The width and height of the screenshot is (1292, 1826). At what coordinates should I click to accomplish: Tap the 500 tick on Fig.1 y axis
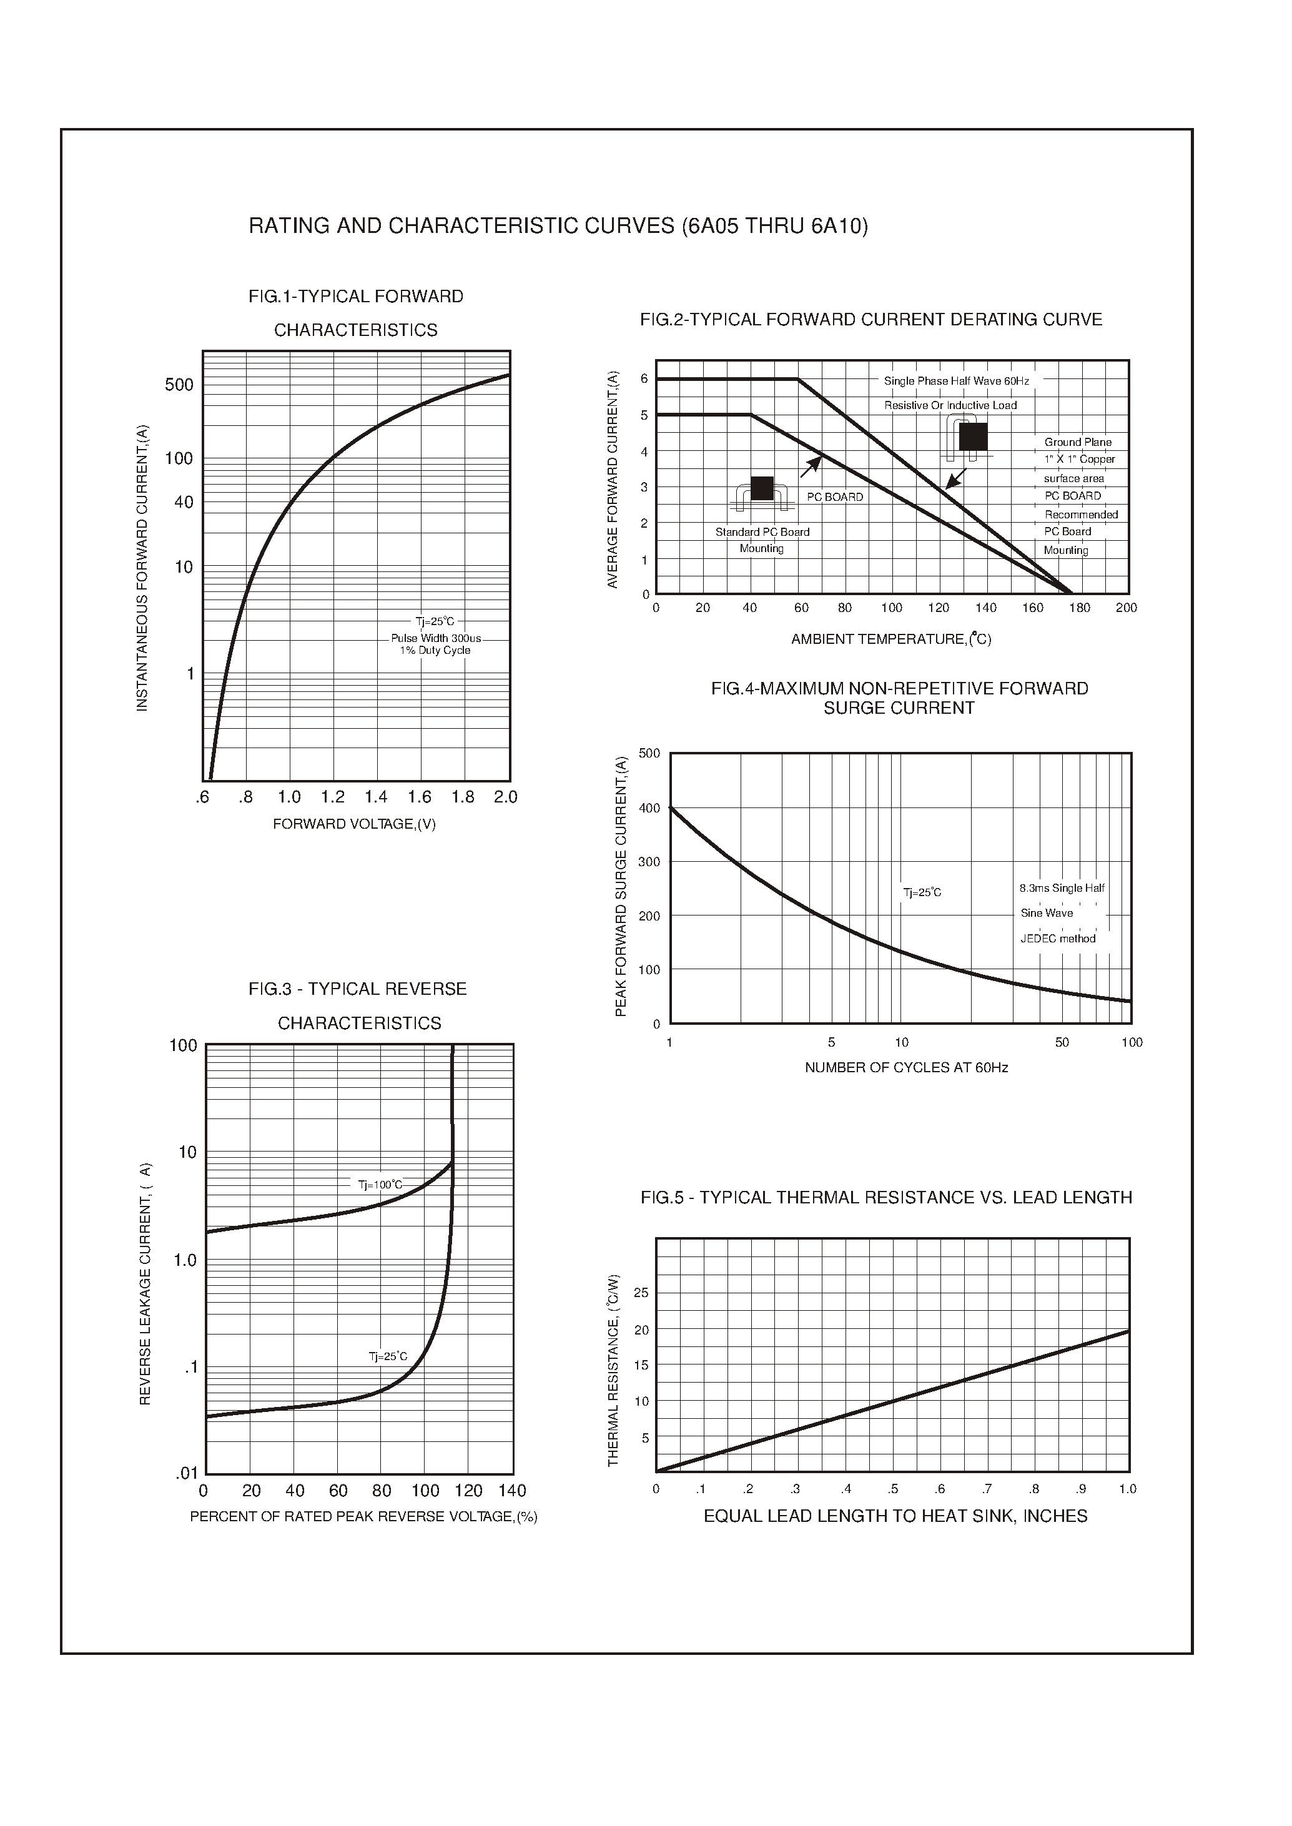tap(179, 385)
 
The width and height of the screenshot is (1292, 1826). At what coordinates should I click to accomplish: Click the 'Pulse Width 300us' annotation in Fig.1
tap(435, 638)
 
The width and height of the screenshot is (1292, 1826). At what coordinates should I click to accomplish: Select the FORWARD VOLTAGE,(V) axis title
tap(354, 824)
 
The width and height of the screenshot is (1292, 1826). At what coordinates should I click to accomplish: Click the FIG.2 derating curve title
tap(870, 320)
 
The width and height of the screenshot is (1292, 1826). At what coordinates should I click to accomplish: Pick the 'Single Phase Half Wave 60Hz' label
tap(956, 381)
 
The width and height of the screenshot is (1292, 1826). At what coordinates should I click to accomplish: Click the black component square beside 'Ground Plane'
tap(972, 436)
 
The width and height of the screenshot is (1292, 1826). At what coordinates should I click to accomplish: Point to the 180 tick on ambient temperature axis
tap(1079, 608)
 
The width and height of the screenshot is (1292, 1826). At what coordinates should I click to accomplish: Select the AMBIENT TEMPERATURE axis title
tap(890, 639)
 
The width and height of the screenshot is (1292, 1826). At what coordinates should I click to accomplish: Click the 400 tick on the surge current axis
tap(649, 808)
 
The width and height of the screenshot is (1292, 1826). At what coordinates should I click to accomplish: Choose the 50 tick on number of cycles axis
tap(1062, 1042)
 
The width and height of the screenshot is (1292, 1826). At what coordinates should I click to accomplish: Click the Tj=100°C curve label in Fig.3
tap(380, 1185)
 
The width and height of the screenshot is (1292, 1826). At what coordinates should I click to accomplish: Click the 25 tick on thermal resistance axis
tap(641, 1293)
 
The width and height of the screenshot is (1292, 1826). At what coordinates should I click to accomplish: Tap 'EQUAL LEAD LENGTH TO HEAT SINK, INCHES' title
tap(895, 1516)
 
